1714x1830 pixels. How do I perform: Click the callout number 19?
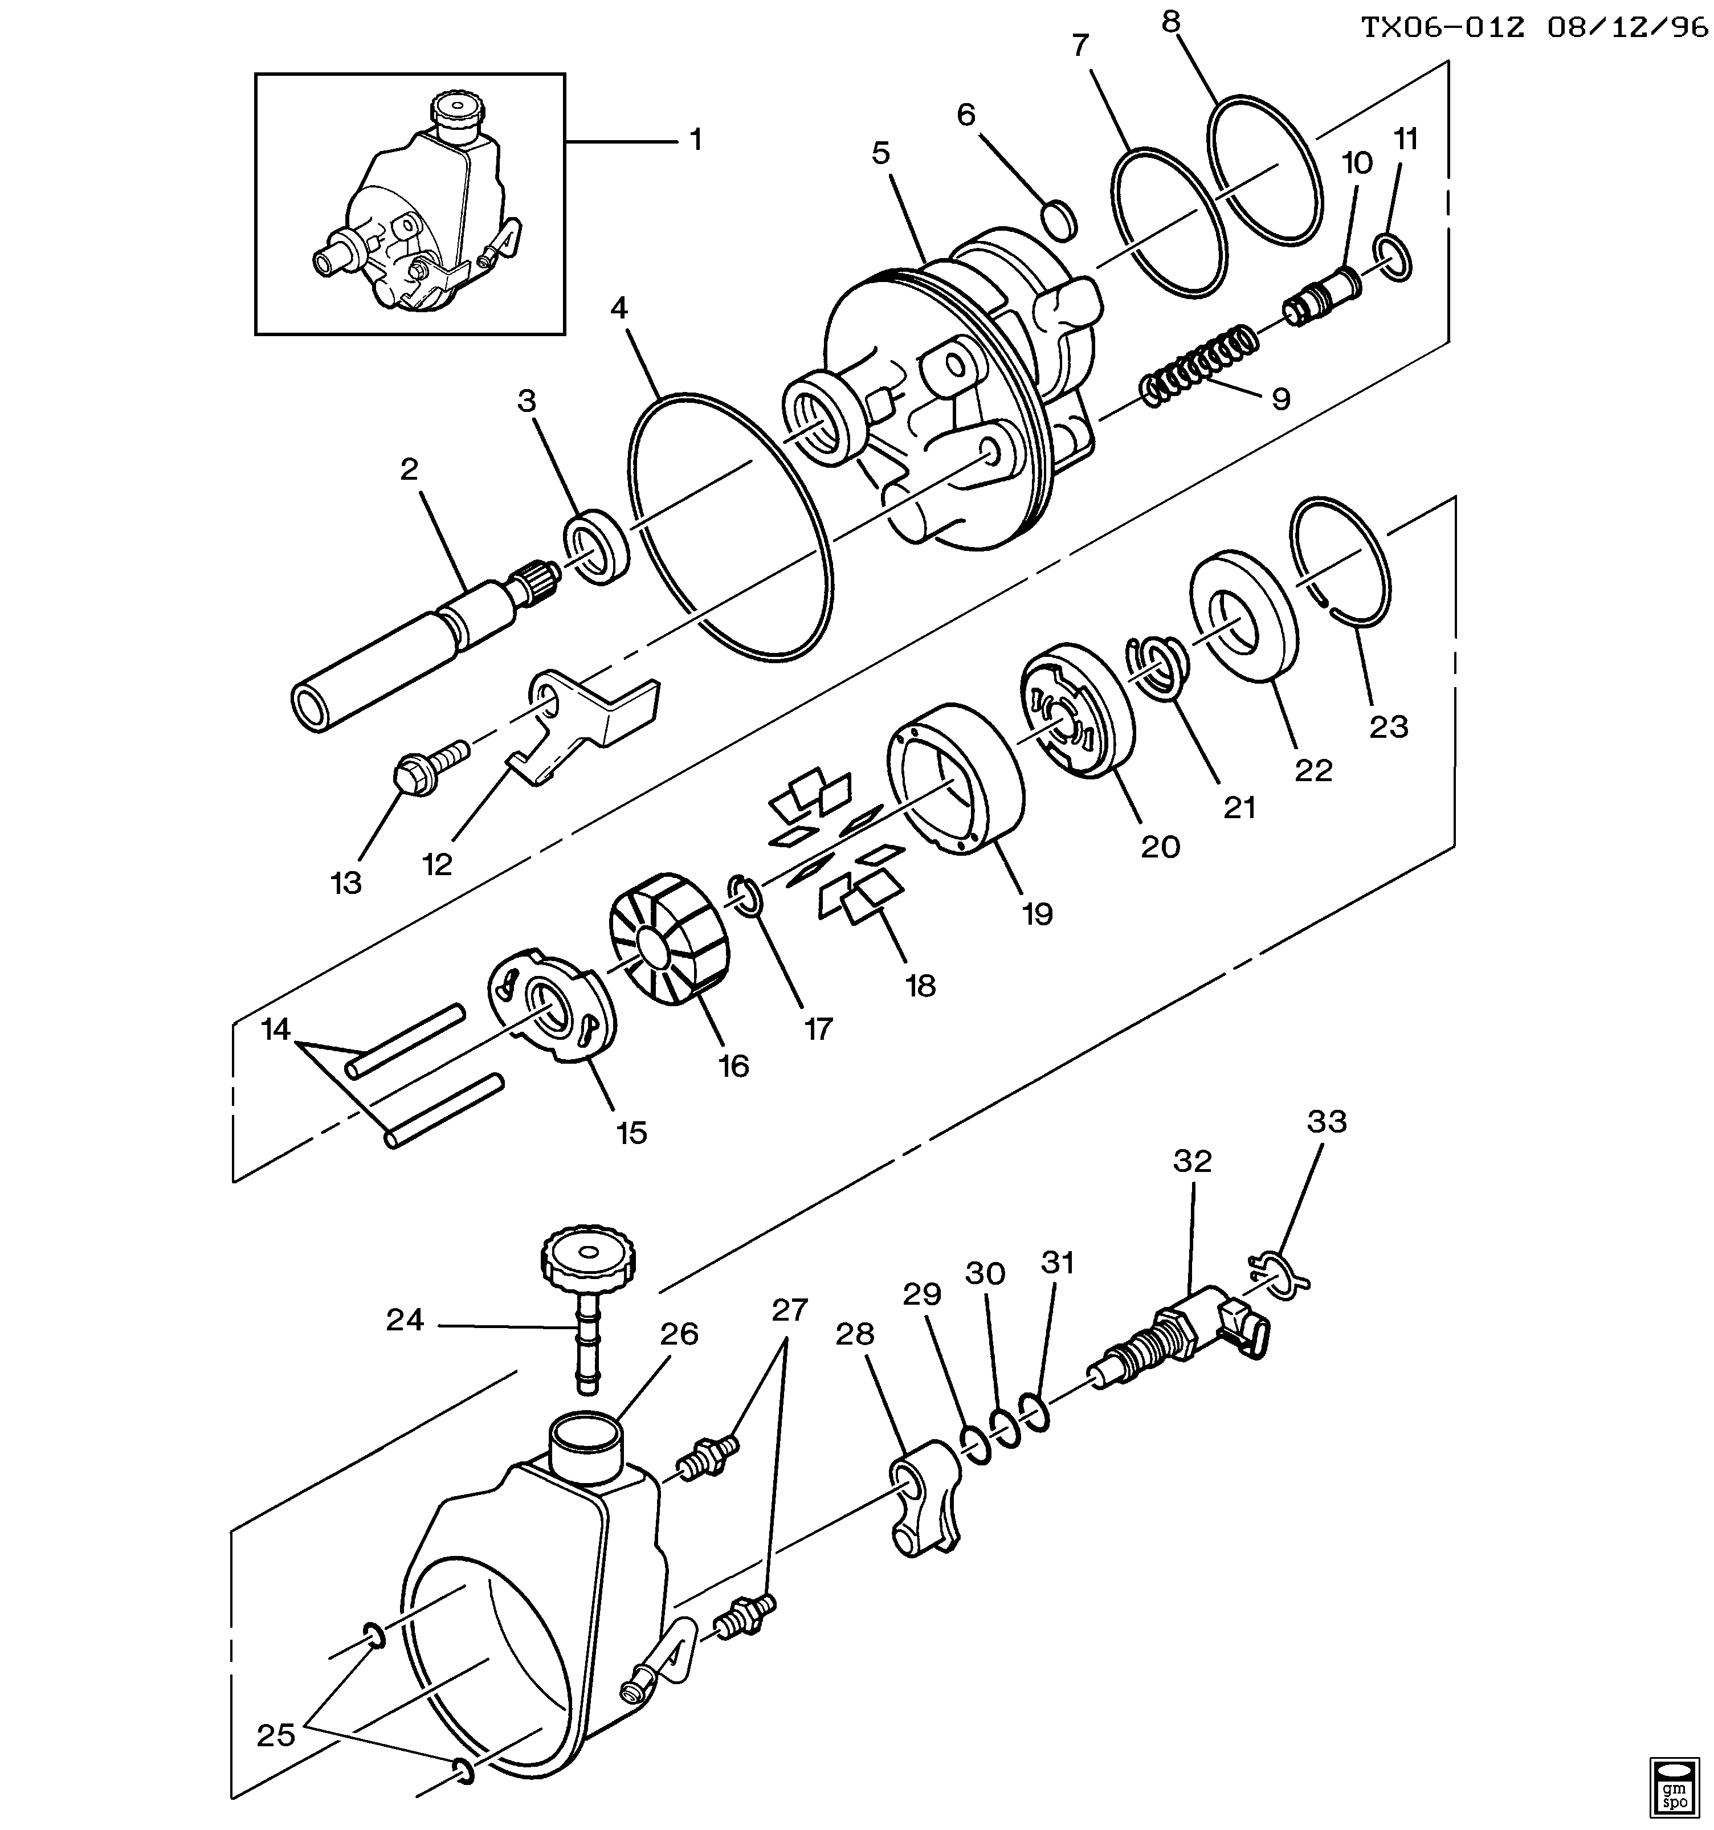pyautogui.click(x=1036, y=913)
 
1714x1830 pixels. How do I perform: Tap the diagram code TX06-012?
pyautogui.click(x=1442, y=27)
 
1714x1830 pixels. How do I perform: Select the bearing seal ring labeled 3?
pyautogui.click(x=597, y=546)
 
